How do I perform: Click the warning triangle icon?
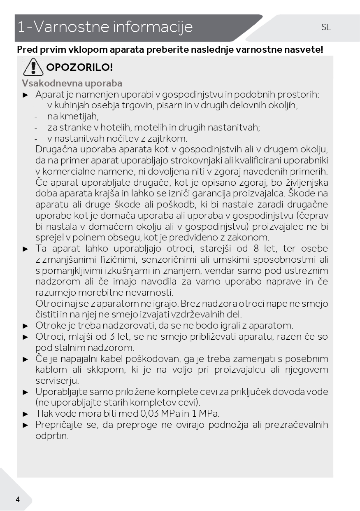click(33, 67)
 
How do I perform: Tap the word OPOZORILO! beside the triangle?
click(79, 67)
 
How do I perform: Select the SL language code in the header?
click(326, 28)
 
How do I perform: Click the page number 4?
click(18, 499)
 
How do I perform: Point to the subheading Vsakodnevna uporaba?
click(72, 83)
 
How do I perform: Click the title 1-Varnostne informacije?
click(105, 27)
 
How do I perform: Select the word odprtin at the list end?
click(51, 436)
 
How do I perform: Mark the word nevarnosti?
click(150, 293)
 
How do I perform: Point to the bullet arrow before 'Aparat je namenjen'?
click(26, 95)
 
